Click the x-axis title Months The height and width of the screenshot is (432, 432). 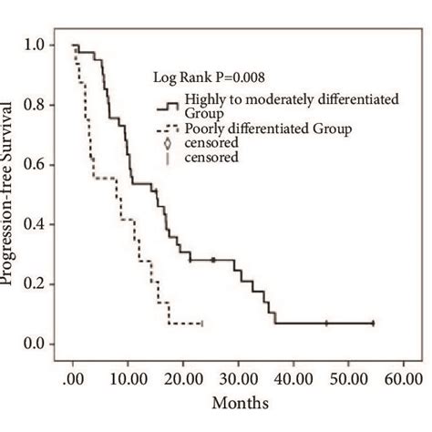click(x=239, y=402)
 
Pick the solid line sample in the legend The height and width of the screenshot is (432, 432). click(x=167, y=105)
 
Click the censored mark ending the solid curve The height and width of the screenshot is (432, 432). click(x=373, y=324)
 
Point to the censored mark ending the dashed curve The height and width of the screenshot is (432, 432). click(x=201, y=324)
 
